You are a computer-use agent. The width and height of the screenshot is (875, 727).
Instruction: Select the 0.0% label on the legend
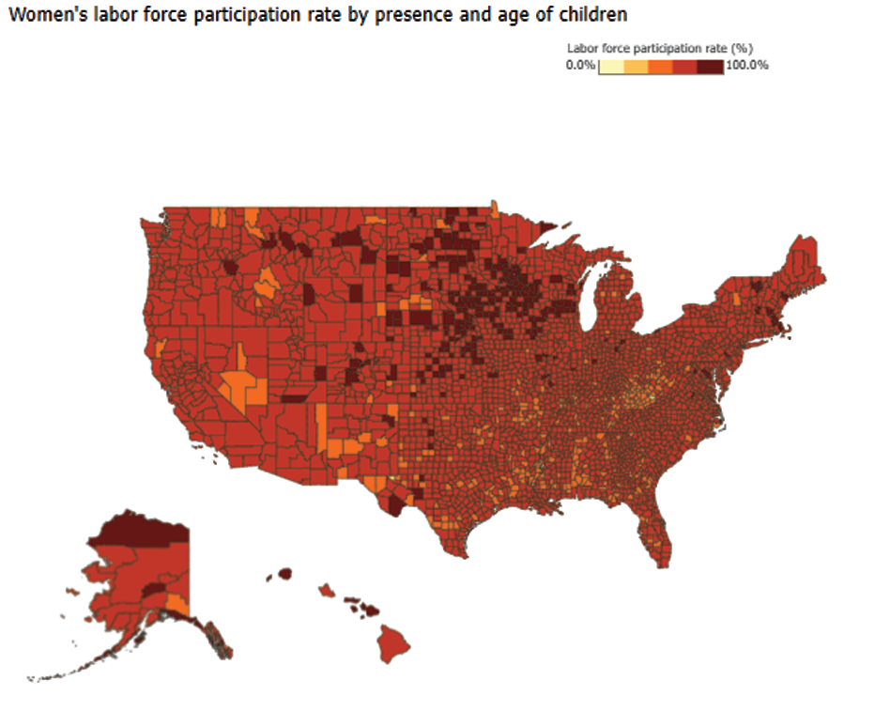(x=580, y=66)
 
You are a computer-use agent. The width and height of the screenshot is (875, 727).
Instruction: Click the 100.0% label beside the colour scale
(x=747, y=66)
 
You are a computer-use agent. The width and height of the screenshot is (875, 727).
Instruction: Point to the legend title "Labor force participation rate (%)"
(x=661, y=47)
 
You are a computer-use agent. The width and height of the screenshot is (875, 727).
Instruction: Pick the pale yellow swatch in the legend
(x=610, y=66)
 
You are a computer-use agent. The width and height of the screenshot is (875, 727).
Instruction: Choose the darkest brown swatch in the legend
(x=711, y=66)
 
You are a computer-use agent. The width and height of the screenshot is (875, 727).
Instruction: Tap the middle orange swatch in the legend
(x=660, y=66)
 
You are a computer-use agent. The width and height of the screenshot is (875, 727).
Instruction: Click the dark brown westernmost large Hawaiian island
(x=284, y=573)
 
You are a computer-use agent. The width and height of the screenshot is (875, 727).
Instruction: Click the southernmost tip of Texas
(x=463, y=554)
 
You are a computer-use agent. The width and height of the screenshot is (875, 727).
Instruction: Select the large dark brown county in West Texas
(x=394, y=507)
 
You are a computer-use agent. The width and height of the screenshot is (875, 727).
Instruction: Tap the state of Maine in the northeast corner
(x=804, y=268)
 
